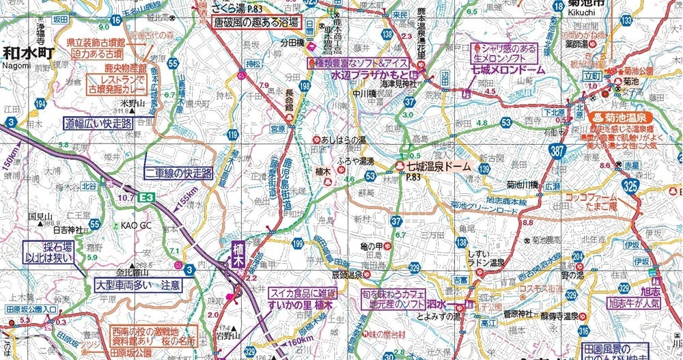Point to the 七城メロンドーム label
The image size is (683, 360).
(x=504, y=70)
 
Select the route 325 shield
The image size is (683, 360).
(x=630, y=185)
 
